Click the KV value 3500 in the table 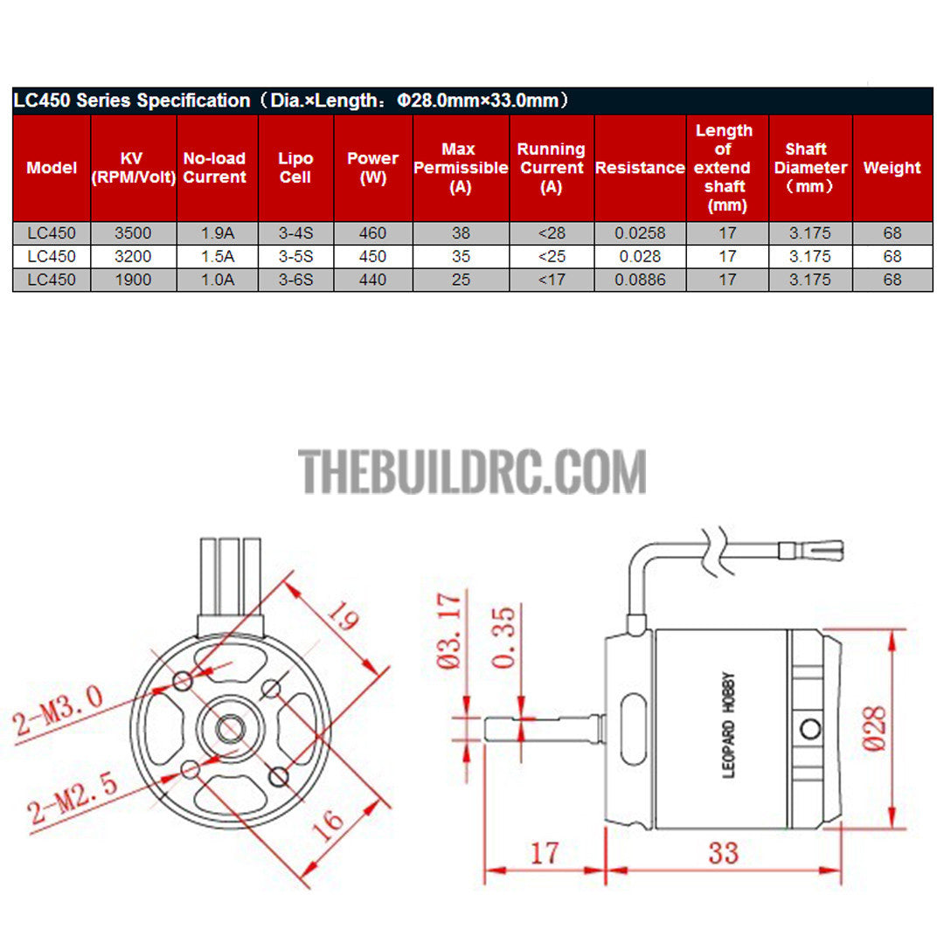coord(133,233)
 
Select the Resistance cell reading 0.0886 coord(640,280)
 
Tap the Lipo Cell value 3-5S coord(295,256)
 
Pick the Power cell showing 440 coord(372,280)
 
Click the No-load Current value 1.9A coord(218,233)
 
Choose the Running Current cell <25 coord(552,256)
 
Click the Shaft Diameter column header coord(810,167)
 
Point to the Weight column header coord(892,167)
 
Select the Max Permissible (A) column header coord(461,167)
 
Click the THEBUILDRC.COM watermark coord(472,472)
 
